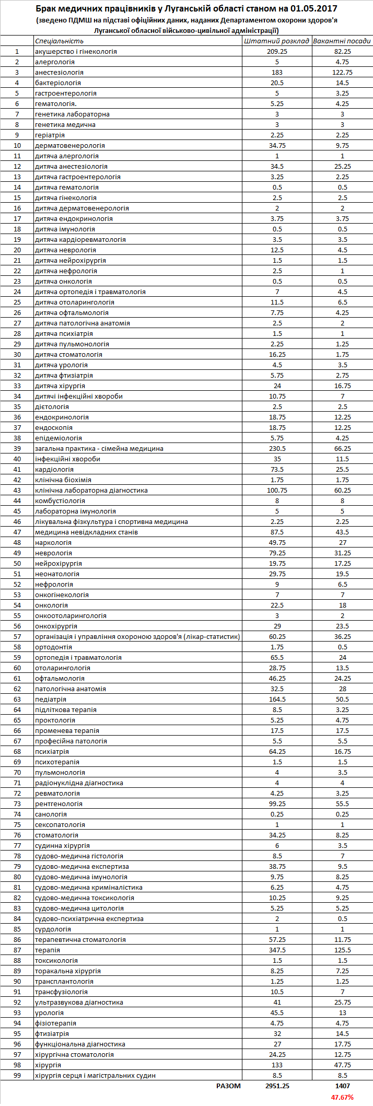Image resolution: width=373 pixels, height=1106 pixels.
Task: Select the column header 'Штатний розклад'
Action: click(277, 41)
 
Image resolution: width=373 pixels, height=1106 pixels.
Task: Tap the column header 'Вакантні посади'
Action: click(342, 41)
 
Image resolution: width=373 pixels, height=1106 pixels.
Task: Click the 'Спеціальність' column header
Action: click(59, 41)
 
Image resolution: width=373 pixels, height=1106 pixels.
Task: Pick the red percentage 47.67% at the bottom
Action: click(342, 1097)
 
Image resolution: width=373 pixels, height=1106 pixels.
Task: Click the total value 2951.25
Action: click(277, 1086)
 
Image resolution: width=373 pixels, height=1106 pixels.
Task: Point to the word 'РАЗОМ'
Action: click(229, 1086)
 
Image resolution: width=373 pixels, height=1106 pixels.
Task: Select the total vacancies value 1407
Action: click(342, 1086)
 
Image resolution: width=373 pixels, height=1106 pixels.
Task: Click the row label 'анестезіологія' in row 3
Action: click(59, 73)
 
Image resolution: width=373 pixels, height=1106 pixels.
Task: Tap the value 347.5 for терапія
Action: click(277, 950)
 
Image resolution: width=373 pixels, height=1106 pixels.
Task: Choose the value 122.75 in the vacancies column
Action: click(342, 73)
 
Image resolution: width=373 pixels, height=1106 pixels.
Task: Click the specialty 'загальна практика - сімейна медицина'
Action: click(99, 448)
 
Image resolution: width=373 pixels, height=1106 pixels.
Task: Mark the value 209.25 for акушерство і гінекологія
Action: click(277, 52)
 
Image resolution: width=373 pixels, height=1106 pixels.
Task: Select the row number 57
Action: click(17, 636)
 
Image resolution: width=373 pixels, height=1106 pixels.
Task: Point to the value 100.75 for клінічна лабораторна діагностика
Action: click(277, 490)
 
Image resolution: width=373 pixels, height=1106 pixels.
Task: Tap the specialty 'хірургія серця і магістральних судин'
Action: click(95, 1075)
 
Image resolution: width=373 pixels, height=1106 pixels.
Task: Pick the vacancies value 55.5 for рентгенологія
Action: click(342, 804)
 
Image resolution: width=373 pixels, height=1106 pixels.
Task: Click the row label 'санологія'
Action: click(51, 814)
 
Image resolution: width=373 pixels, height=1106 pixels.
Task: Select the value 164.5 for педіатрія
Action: click(277, 699)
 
